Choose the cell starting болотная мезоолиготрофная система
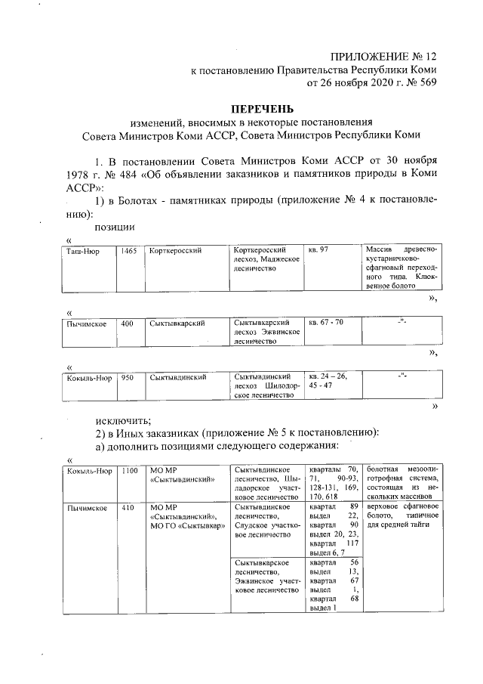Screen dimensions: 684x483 [x=401, y=484]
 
